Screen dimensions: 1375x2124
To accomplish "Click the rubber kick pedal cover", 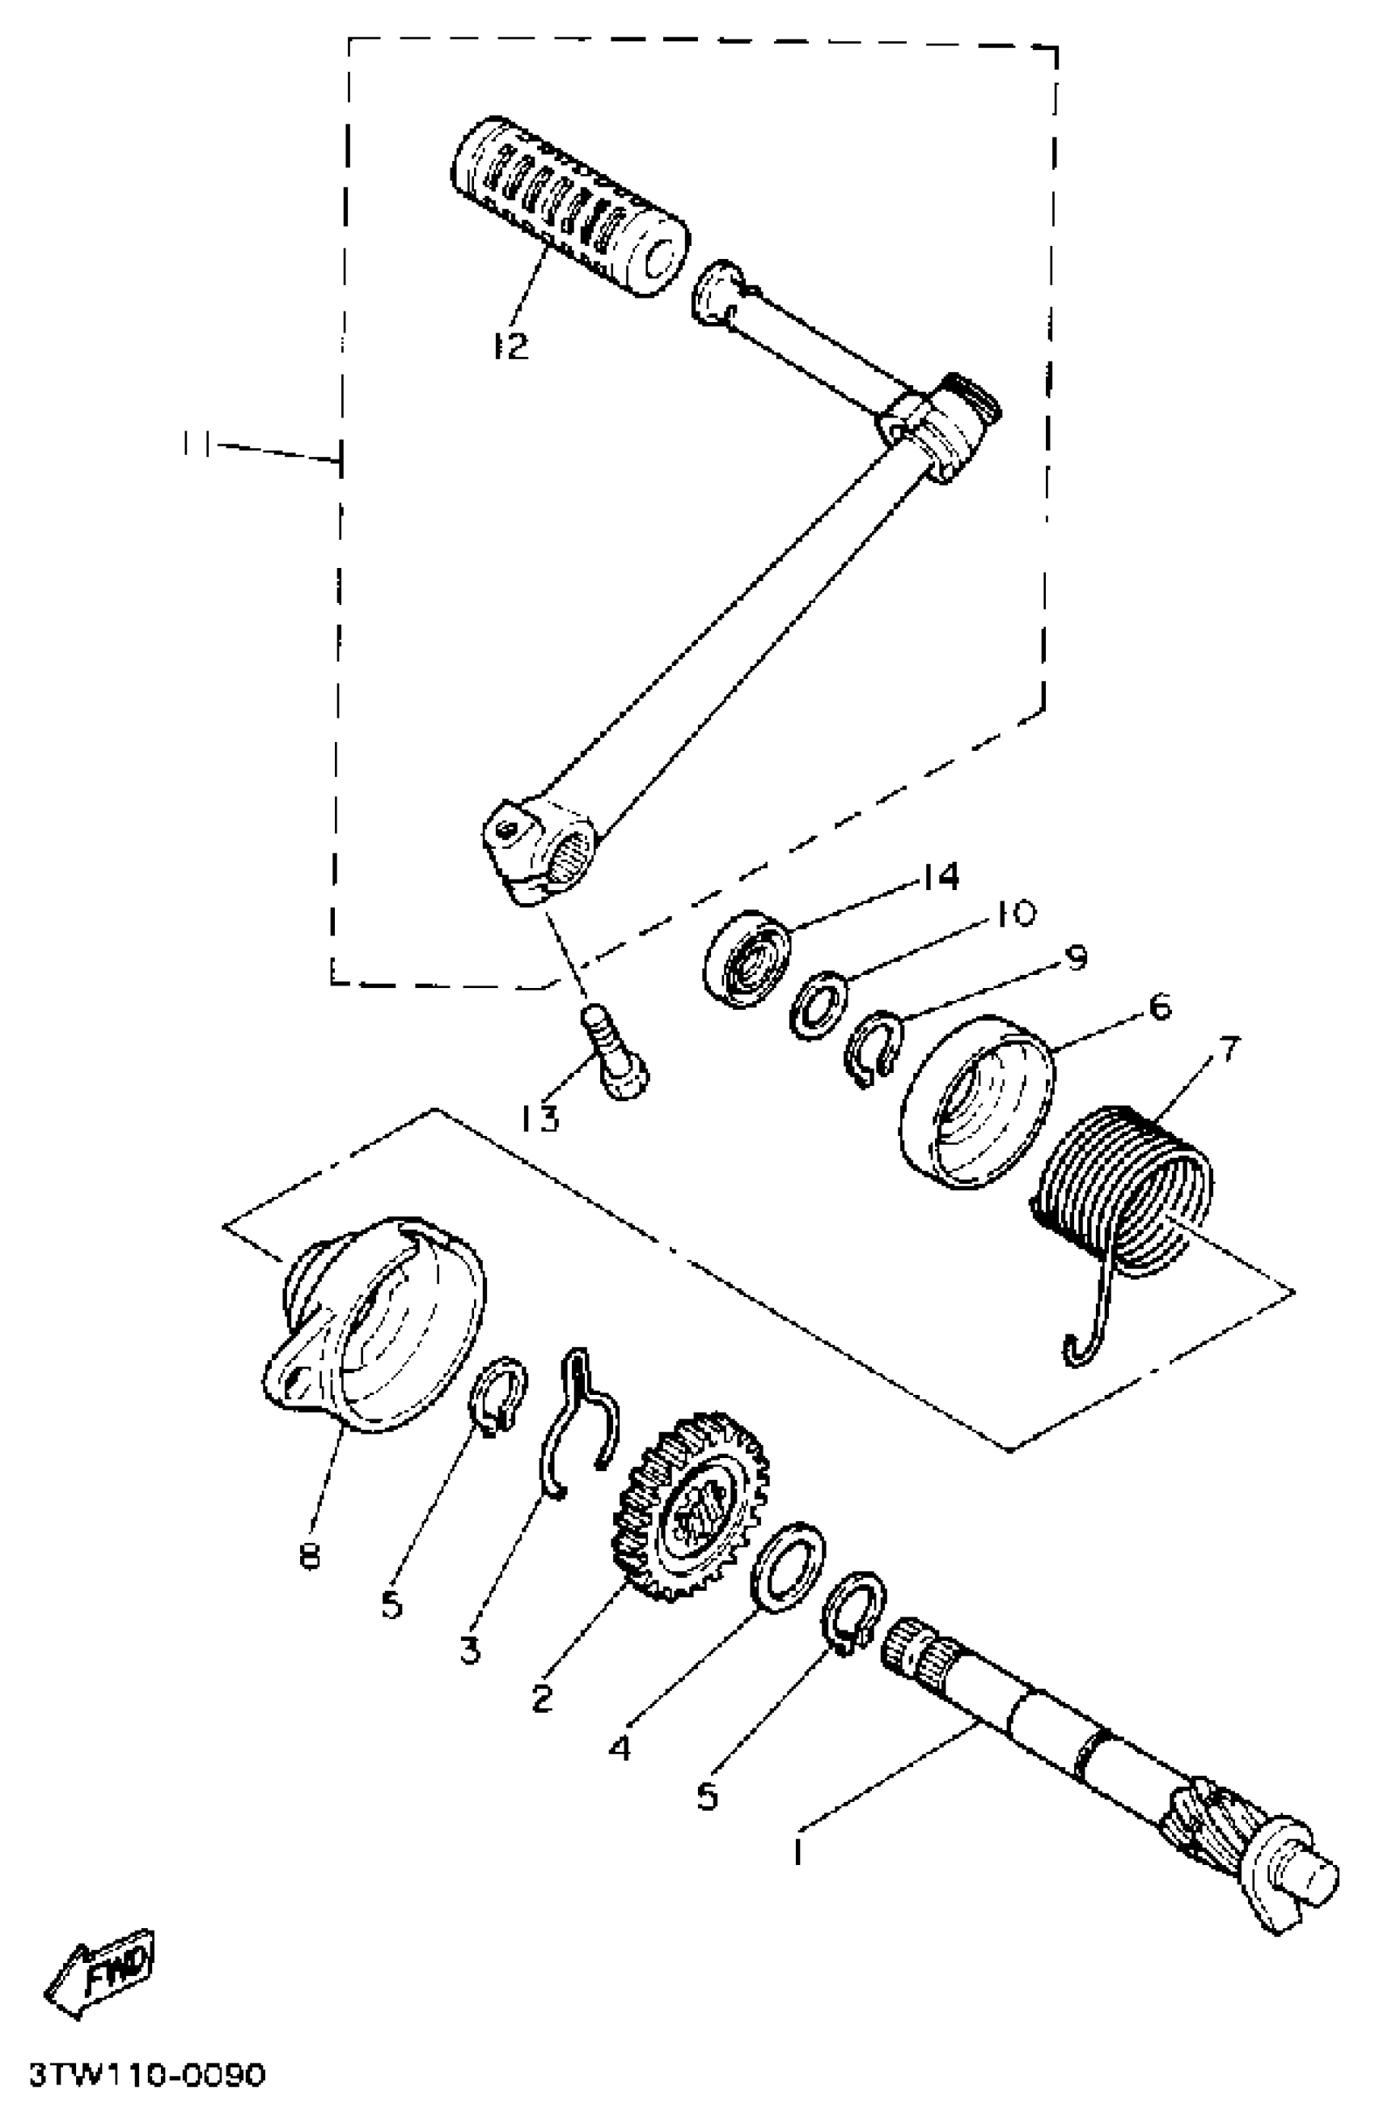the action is [569, 206].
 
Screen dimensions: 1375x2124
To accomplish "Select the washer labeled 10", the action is [819, 1006].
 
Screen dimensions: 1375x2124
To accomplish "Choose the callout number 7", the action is [1229, 1049].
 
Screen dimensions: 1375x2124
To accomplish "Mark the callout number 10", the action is [1014, 913].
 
